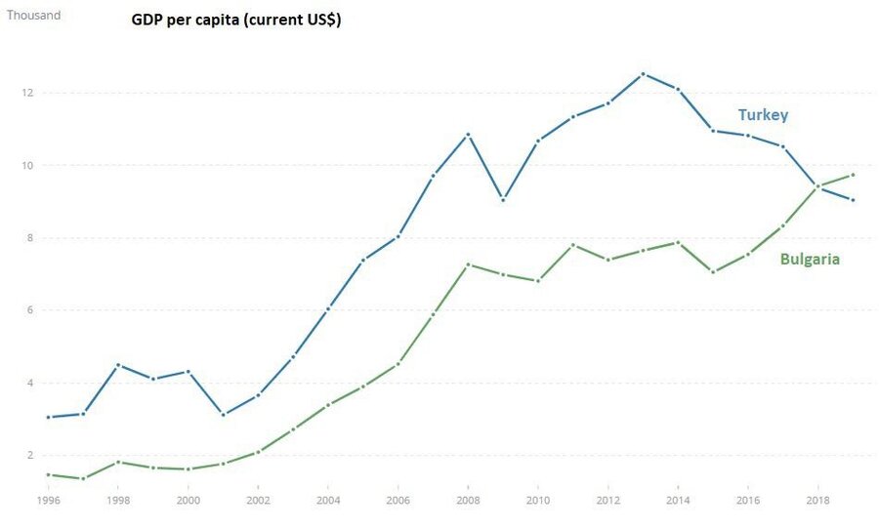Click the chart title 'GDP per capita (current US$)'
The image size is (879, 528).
tap(235, 20)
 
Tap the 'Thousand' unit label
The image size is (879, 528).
tap(33, 16)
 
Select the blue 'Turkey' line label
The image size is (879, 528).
tap(763, 115)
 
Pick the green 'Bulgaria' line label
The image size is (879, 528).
tap(810, 259)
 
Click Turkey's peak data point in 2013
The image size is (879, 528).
tap(643, 73)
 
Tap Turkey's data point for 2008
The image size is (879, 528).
tap(468, 134)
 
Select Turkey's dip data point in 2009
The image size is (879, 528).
tap(503, 199)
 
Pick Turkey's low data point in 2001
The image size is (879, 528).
tap(223, 415)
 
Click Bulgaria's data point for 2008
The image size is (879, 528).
tap(468, 264)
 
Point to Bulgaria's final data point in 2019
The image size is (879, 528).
tap(853, 175)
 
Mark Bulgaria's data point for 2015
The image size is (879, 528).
tap(713, 272)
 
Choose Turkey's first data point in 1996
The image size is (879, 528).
tap(48, 417)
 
